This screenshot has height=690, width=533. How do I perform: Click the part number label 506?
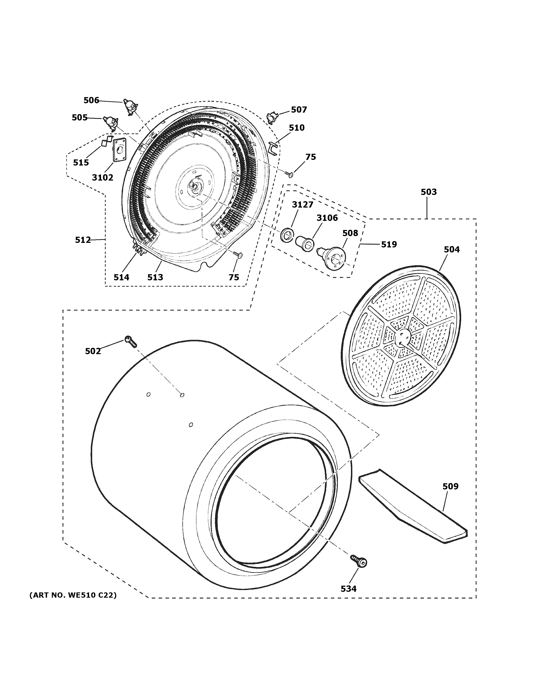point(91,100)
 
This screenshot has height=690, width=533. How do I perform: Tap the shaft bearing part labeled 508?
point(333,257)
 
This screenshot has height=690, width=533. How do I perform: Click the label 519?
point(389,244)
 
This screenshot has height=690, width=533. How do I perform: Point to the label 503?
point(428,192)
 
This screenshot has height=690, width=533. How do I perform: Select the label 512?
point(83,240)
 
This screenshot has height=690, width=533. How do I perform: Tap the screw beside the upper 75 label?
point(289,173)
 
